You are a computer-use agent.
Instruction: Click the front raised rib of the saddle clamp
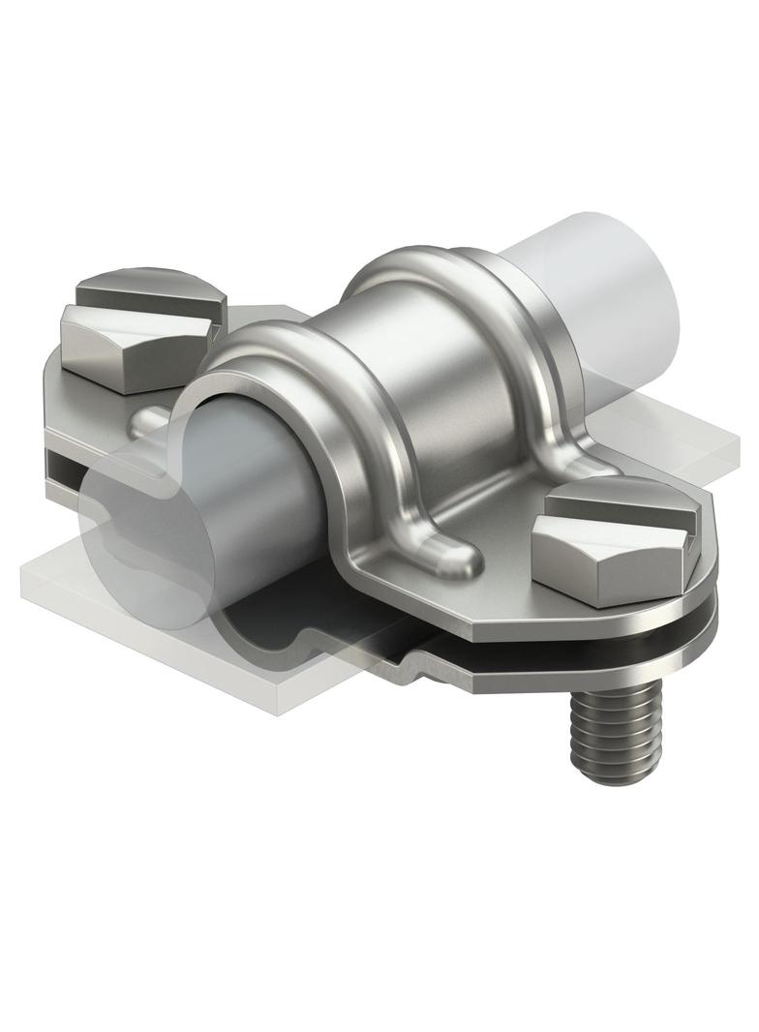[319, 387]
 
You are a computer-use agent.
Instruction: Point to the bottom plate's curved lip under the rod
[319, 639]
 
